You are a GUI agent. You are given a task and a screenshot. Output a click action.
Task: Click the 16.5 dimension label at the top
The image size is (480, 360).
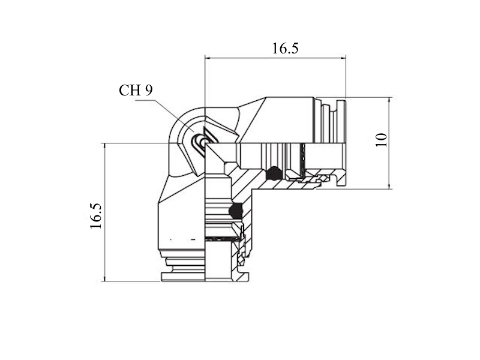pos(285,49)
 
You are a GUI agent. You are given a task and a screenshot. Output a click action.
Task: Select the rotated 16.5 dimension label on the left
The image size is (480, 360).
pos(96,216)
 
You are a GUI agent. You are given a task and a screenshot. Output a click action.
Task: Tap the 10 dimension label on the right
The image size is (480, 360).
pos(382,140)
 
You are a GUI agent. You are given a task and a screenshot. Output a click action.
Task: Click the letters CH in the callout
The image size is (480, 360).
pos(128,91)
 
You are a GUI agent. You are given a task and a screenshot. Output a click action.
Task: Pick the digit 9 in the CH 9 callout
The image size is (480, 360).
pos(148,91)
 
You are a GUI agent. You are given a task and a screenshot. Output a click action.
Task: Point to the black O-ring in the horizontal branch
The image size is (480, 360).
pos(274,173)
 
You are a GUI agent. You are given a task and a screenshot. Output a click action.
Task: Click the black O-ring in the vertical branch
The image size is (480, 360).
pos(235,211)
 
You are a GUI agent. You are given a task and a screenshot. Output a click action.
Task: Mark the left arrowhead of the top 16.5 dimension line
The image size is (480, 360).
pos(208,57)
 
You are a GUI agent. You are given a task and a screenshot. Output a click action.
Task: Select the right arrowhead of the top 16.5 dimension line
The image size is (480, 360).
pos(343,57)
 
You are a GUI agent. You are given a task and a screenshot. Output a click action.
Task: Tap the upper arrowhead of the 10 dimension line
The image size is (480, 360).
pos(389,100)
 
